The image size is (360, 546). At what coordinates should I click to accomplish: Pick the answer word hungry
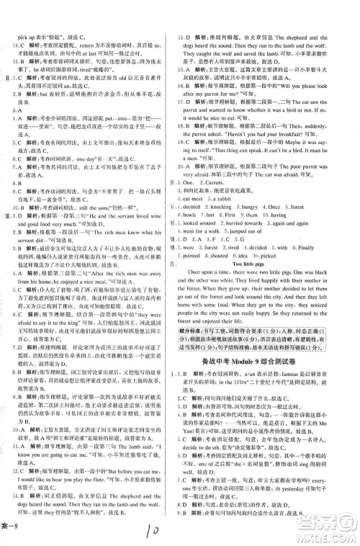(251, 206)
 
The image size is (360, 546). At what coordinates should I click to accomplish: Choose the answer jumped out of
(249, 231)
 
